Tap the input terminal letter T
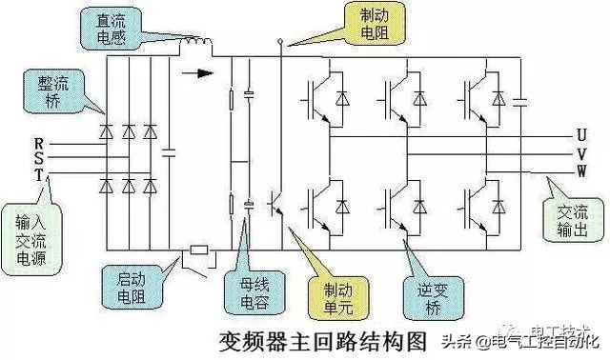click(x=39, y=174)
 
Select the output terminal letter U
click(x=580, y=135)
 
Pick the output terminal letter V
click(x=580, y=152)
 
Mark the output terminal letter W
click(x=581, y=170)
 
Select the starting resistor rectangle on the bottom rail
click(x=198, y=251)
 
